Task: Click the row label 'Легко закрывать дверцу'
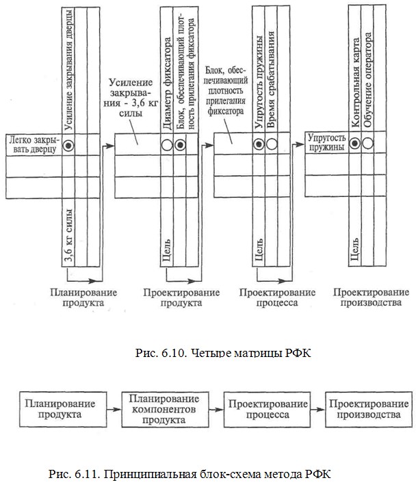(34, 144)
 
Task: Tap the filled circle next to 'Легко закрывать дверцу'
(68, 145)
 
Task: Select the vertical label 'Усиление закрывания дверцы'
(69, 69)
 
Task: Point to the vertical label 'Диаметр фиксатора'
(167, 83)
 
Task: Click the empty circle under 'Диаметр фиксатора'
(167, 145)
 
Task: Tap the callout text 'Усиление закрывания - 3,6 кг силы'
(131, 97)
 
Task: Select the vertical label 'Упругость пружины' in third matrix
(259, 82)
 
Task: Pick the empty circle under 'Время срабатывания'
(272, 144)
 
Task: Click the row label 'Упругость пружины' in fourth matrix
(327, 142)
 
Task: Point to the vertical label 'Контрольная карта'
(355, 83)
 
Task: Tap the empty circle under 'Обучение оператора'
(367, 143)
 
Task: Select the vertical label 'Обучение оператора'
(368, 80)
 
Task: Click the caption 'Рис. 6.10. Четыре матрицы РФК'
(223, 353)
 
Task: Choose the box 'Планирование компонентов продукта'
(165, 410)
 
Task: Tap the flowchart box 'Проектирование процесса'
(267, 410)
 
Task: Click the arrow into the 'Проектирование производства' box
(317, 409)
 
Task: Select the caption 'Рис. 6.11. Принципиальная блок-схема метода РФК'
(190, 475)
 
